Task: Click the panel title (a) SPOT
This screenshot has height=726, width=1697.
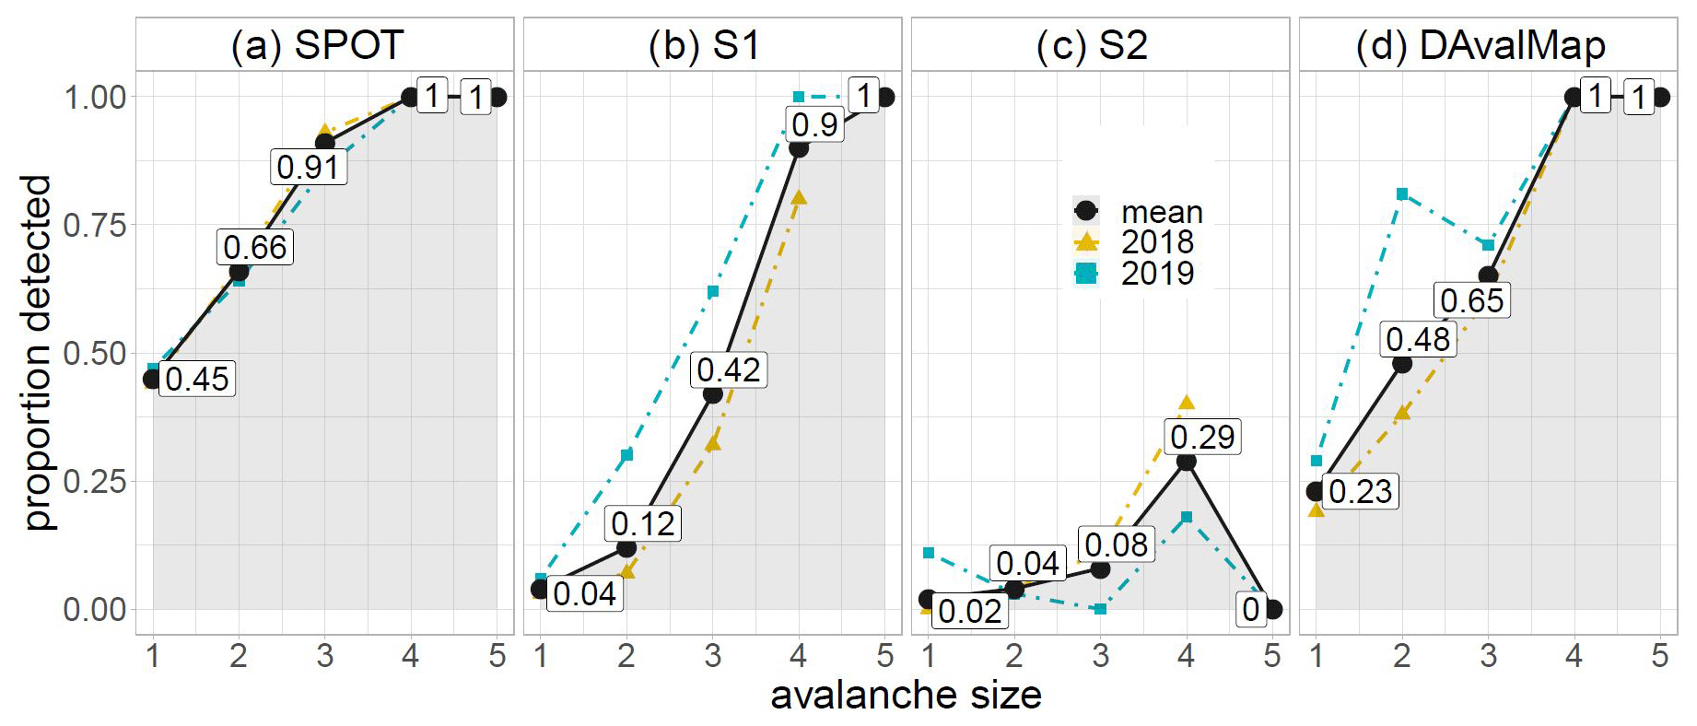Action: pos(318,45)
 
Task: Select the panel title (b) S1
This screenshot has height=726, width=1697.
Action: pos(705,45)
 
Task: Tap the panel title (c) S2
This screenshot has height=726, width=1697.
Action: pos(1093,45)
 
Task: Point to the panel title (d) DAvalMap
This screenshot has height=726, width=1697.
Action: pos(1480,45)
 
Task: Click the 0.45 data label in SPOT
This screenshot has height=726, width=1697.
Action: pos(197,379)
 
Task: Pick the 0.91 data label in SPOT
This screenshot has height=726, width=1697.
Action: pos(309,167)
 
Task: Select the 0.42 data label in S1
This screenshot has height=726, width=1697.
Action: pos(729,369)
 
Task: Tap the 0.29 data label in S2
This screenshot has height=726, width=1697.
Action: pos(1202,437)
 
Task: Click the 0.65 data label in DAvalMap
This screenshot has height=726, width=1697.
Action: pos(1471,300)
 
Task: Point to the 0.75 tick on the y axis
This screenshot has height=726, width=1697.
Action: pos(95,225)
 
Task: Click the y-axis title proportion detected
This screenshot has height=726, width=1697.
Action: pos(38,352)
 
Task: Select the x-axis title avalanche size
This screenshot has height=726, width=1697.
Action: pos(906,696)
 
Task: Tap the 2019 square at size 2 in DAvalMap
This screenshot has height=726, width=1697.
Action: pos(1402,193)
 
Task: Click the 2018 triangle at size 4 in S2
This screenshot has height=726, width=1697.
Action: pos(1187,403)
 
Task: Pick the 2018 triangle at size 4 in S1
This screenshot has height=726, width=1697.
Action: pos(799,197)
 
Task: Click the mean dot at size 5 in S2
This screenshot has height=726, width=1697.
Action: pos(1272,609)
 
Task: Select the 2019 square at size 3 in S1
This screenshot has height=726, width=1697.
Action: pos(713,292)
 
